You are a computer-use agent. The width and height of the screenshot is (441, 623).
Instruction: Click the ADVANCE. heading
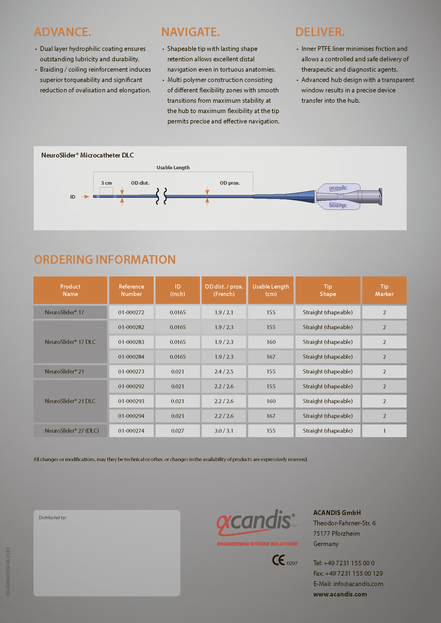point(62,32)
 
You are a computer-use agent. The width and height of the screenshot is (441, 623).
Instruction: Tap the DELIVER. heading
point(320,32)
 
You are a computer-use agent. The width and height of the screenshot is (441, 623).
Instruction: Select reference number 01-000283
point(131,342)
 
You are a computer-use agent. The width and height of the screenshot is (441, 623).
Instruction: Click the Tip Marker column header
point(384,290)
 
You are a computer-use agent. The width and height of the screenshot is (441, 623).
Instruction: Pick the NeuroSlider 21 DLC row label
point(70,401)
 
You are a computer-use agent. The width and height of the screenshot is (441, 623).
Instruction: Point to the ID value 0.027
point(177,431)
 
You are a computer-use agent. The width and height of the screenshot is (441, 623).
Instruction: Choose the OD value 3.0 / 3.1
point(224,431)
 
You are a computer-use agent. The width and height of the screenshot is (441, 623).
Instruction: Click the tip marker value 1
point(384,431)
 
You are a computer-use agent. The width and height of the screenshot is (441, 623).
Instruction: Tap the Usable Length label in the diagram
point(173,168)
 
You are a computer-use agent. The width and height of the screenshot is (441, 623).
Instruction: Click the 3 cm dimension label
point(106,183)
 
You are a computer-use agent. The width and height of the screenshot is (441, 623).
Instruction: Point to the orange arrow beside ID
point(85,197)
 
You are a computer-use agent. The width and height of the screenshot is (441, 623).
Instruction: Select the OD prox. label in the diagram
point(230,183)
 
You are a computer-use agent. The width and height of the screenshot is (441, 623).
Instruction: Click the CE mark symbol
point(278,560)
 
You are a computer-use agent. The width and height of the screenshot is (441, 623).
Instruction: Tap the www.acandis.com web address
point(340,594)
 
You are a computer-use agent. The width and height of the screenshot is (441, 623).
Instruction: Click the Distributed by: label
point(53,518)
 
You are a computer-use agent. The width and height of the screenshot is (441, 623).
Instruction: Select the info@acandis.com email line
point(348,584)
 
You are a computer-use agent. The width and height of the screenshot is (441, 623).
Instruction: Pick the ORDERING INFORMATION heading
point(105,260)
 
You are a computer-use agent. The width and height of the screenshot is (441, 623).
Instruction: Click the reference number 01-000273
point(131,371)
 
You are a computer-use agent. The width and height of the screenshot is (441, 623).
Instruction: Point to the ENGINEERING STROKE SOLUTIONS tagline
point(257,544)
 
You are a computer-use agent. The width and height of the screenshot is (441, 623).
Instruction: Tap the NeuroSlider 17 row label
point(65,312)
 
